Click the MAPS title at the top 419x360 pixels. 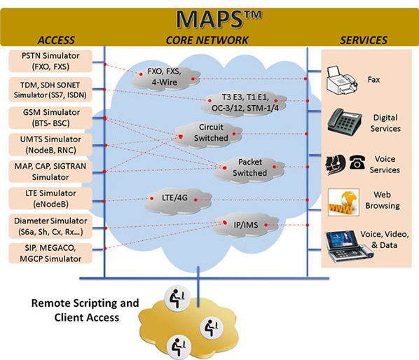(209, 17)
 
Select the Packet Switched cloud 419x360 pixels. (249, 167)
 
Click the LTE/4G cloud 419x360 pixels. (174, 198)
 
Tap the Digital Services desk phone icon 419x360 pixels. (345, 122)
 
